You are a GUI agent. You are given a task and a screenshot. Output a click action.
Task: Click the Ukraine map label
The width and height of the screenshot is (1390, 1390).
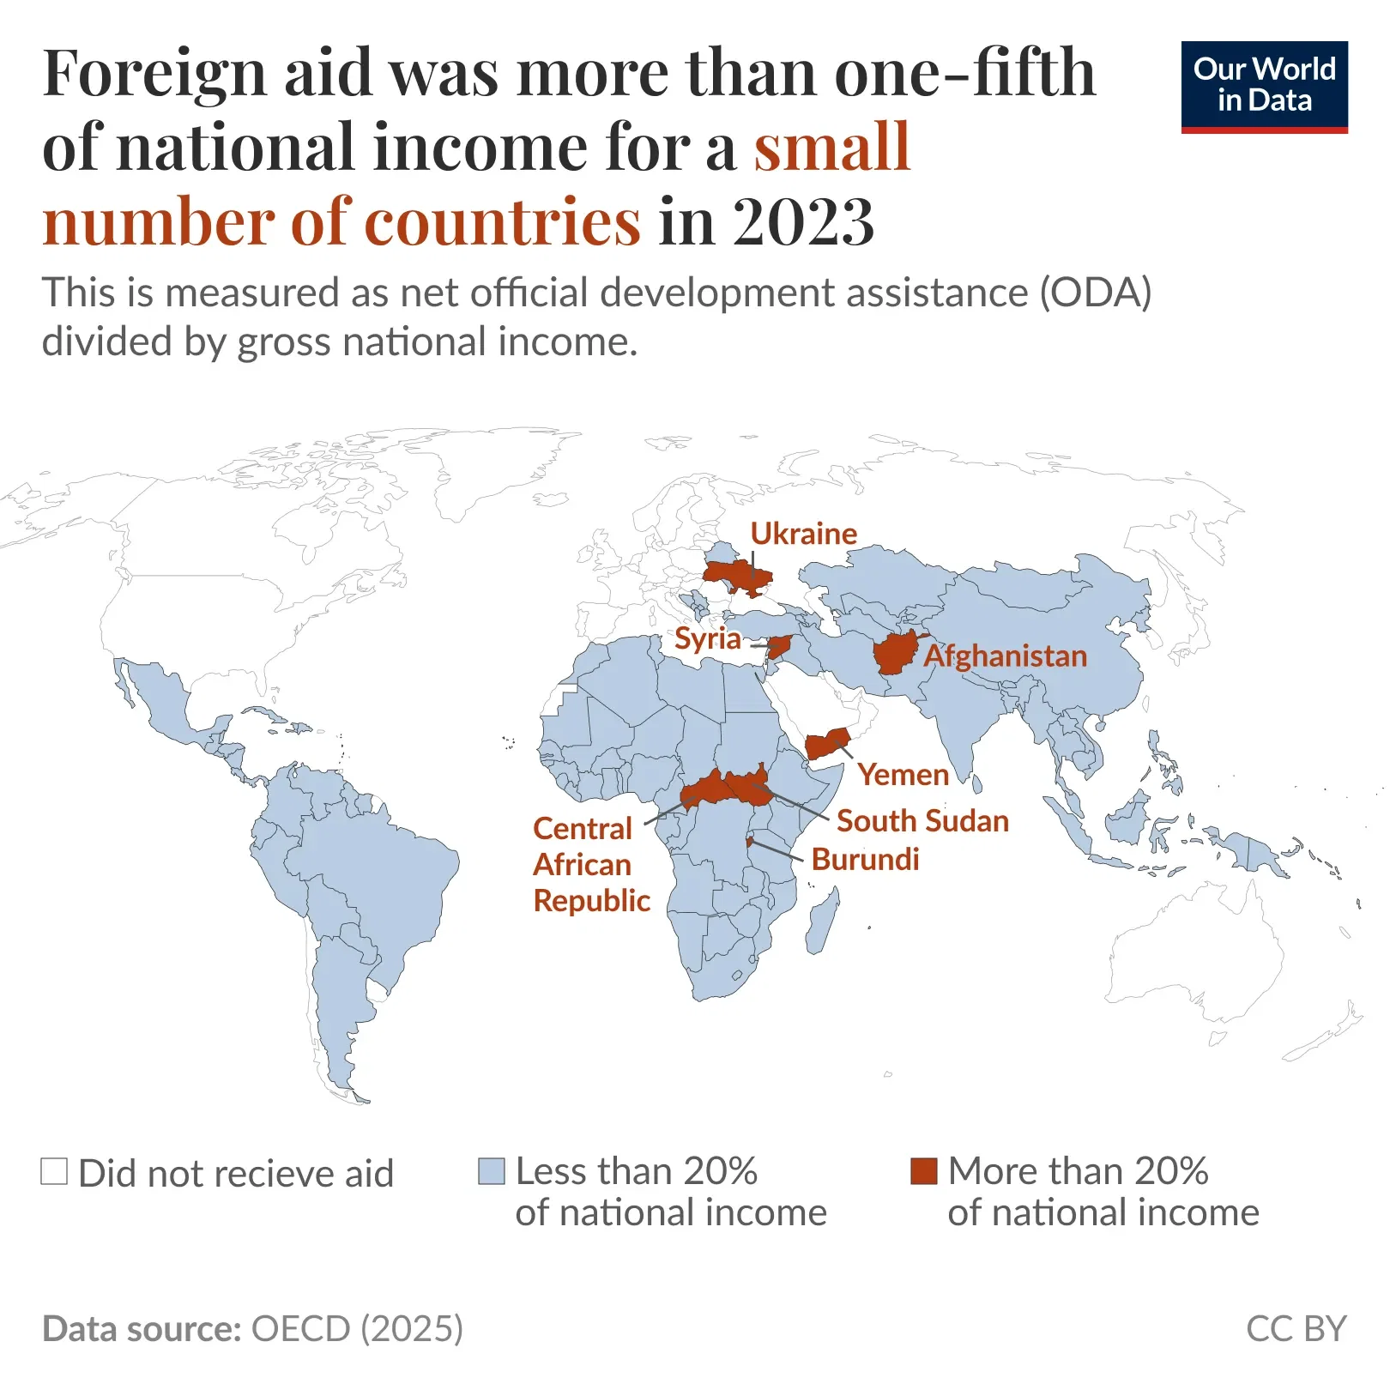pos(803,534)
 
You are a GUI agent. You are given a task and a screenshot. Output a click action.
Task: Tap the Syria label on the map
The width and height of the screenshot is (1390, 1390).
pos(707,638)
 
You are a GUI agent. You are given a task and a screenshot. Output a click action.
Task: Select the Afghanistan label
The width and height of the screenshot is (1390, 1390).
pos(1005,656)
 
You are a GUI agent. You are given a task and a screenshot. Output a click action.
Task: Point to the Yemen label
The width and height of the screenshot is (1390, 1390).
pos(903,775)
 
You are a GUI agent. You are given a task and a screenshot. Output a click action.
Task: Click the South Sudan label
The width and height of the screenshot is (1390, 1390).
pos(922,821)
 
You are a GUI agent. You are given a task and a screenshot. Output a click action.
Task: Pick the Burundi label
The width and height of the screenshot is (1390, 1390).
pos(865,860)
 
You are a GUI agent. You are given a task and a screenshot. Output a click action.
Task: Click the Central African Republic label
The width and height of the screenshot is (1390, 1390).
pos(590,865)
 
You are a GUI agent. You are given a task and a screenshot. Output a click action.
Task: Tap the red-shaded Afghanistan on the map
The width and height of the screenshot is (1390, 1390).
pos(897,655)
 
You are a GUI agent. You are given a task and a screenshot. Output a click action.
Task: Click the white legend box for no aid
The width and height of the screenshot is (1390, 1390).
pos(54,1171)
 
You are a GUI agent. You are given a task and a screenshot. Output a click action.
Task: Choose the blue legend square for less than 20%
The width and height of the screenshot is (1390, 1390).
pos(492,1171)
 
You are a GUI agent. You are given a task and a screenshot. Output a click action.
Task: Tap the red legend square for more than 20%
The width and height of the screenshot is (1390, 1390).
pos(923,1171)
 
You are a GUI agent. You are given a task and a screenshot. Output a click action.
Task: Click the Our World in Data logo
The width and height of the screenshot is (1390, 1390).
pos(1264,87)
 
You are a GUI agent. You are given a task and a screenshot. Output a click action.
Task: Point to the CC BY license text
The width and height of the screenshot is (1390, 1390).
pos(1296,1329)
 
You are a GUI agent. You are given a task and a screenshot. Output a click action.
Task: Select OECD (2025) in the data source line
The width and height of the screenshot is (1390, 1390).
pos(356,1329)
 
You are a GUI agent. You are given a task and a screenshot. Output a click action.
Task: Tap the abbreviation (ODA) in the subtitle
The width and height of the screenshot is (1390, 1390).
pos(1095,293)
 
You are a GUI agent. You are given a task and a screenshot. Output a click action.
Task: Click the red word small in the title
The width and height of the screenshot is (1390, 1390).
pos(831,148)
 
